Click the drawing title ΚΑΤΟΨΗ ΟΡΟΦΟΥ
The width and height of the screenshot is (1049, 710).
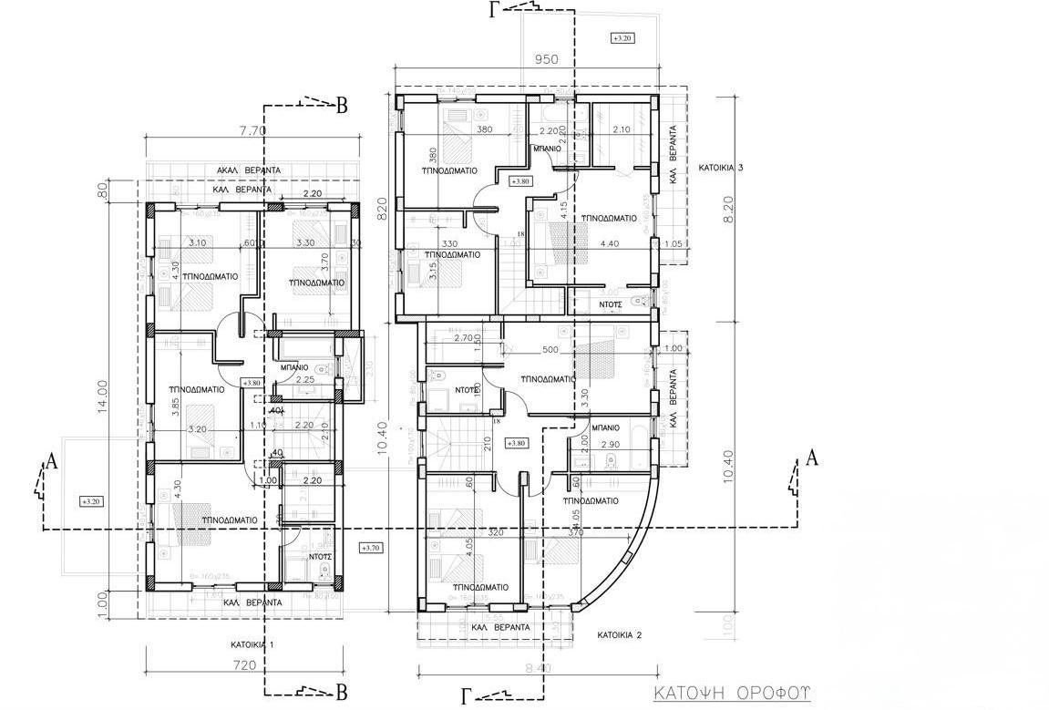click(x=731, y=693)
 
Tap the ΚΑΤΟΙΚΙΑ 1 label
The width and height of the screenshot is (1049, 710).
click(x=252, y=643)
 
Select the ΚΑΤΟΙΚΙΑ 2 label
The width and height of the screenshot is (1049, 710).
click(x=622, y=634)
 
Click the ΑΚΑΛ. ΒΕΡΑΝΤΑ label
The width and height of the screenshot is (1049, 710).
click(x=248, y=170)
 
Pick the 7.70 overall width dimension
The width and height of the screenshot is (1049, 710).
click(x=252, y=130)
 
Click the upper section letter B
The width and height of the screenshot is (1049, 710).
click(x=342, y=107)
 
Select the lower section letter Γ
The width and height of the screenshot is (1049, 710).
click(x=467, y=697)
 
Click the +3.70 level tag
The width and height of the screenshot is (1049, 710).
click(x=371, y=548)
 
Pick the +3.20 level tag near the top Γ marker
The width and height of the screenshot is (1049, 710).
click(x=622, y=38)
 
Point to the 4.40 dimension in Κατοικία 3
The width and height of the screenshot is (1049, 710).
click(x=609, y=243)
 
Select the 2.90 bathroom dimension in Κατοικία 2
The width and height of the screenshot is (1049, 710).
click(x=612, y=443)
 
